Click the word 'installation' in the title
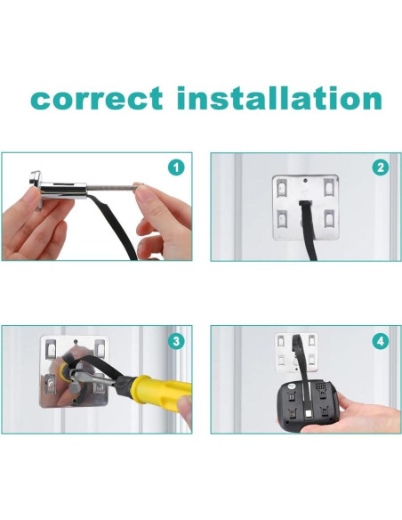tap(279, 98)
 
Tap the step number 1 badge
tap(176, 167)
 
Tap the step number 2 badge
tap(381, 167)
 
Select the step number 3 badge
tap(176, 341)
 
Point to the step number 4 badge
tap(381, 341)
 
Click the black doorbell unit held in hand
tap(308, 406)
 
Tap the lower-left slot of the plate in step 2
tap(281, 219)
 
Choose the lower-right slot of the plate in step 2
tap(329, 219)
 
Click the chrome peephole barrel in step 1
tap(64, 190)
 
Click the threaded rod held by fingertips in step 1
tap(111, 188)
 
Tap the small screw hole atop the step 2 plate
tap(305, 181)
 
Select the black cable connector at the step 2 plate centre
tap(305, 203)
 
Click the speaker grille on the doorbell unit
tap(319, 386)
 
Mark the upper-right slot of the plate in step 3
tap(99, 347)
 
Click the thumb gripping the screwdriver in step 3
tap(185, 411)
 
